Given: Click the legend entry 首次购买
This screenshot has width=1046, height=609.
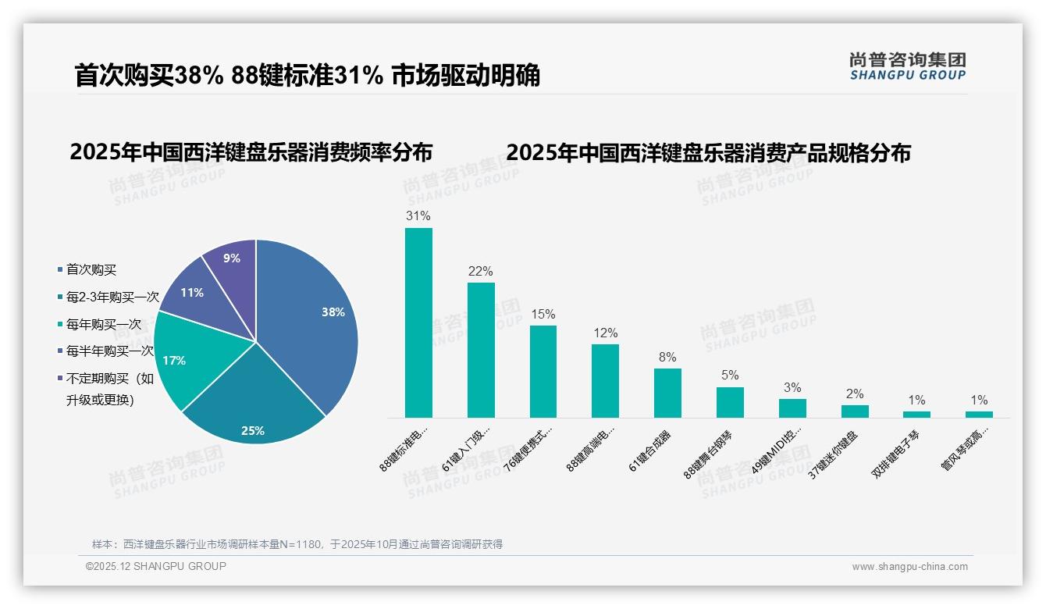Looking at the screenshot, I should pyautogui.click(x=91, y=269).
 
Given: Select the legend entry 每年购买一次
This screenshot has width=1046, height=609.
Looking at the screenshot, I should pyautogui.click(x=103, y=324).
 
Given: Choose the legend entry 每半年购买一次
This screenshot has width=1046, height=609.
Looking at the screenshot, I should pyautogui.click(x=109, y=351).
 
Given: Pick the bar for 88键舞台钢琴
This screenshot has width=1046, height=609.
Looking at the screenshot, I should pyautogui.click(x=730, y=402).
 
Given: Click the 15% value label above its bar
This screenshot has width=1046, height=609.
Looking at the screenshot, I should pyautogui.click(x=543, y=314).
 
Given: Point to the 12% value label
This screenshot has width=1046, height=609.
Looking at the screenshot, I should pyautogui.click(x=605, y=333).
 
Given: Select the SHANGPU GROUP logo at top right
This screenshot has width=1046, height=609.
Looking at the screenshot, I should pyautogui.click(x=907, y=66).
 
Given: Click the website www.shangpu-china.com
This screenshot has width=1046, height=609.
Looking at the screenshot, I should pyautogui.click(x=909, y=567).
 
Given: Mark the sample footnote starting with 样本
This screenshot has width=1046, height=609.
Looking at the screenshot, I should pyautogui.click(x=297, y=544).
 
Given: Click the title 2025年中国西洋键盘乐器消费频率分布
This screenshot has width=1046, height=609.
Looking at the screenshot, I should pyautogui.click(x=251, y=152).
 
